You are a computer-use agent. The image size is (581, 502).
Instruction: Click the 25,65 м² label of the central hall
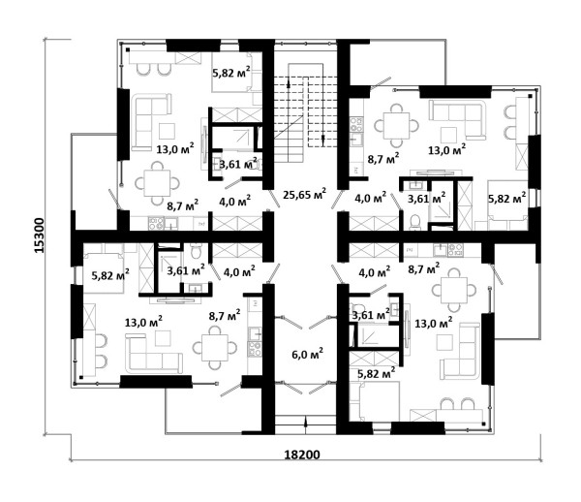coord(305,194)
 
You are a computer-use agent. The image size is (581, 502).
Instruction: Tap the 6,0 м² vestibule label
coord(308,354)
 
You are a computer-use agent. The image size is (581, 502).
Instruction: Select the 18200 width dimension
coord(302,455)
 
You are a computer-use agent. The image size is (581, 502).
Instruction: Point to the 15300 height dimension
coord(39,235)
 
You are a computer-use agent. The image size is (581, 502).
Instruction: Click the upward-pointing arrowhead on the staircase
coord(289,83)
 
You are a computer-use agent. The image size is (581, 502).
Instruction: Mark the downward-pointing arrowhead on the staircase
coord(322,139)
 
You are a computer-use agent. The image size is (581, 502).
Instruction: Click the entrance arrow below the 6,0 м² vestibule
coord(306,424)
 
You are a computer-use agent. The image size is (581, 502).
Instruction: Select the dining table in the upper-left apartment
coord(158,183)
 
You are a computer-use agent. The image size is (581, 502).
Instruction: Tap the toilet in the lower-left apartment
coord(195,251)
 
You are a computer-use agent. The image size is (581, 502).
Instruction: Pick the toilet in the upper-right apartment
coord(415,222)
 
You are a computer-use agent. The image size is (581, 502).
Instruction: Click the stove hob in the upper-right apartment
coord(356,124)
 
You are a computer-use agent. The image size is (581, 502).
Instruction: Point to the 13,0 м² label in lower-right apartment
coord(433,324)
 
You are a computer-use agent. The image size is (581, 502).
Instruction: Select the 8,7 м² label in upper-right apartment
coord(383,160)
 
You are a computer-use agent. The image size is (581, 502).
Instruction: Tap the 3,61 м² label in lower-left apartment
coord(186,270)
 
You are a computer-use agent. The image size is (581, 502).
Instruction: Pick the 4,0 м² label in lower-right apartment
coord(374,272)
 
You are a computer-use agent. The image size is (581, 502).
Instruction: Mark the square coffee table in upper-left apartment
coord(167,131)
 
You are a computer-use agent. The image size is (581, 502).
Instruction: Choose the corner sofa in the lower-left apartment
coord(154,354)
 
